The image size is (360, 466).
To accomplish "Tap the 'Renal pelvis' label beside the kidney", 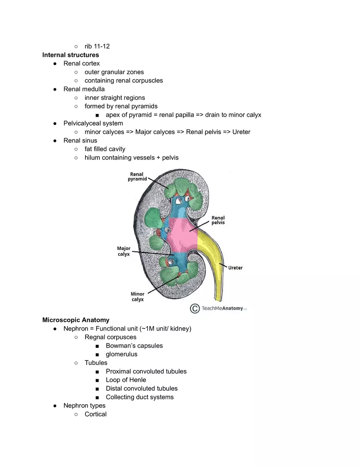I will point(218,220).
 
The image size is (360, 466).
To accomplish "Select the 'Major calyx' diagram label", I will point(124,251).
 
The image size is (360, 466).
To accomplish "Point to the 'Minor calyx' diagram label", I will point(137,297).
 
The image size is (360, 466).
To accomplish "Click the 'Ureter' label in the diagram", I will point(235,268).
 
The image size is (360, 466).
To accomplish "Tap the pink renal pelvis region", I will point(184,235).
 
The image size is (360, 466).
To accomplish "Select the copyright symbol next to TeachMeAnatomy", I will point(195,308).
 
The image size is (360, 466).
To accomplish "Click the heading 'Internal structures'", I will point(70,55).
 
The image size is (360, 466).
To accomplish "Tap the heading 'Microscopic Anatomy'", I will point(76,320).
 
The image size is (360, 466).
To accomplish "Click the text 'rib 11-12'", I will point(97,46).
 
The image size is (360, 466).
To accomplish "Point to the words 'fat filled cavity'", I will point(105,149).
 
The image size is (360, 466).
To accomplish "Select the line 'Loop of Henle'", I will point(126,380).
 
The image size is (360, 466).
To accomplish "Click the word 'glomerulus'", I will point(122,354).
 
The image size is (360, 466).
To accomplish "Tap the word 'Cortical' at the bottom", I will point(95,414).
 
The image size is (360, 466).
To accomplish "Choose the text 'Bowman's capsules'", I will point(134,346).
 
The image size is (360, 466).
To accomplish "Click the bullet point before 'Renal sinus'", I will point(55,141).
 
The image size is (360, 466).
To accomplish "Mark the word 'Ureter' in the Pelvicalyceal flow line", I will point(241,132).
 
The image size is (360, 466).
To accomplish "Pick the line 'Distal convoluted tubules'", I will point(142,388).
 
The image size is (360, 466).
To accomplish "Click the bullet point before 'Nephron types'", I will point(55,406).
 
